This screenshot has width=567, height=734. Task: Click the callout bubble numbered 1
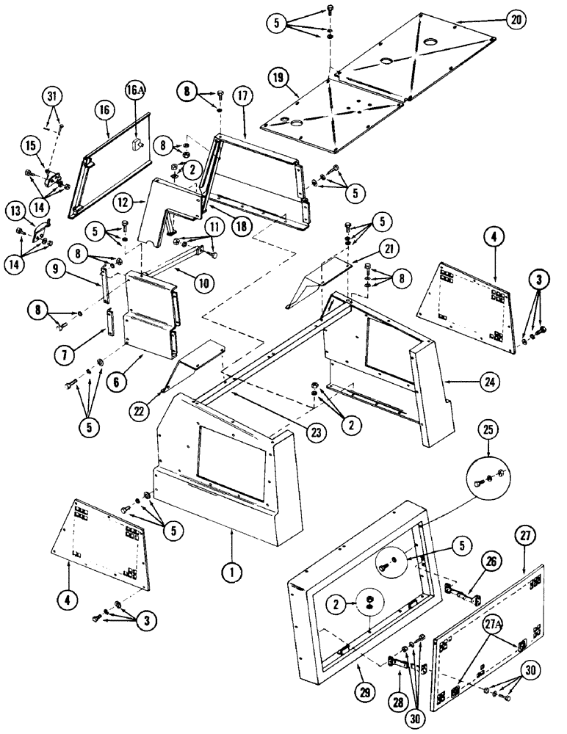tap(232, 568)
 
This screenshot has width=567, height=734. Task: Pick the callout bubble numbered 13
tap(18, 211)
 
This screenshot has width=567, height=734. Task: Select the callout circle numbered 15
tap(32, 147)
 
